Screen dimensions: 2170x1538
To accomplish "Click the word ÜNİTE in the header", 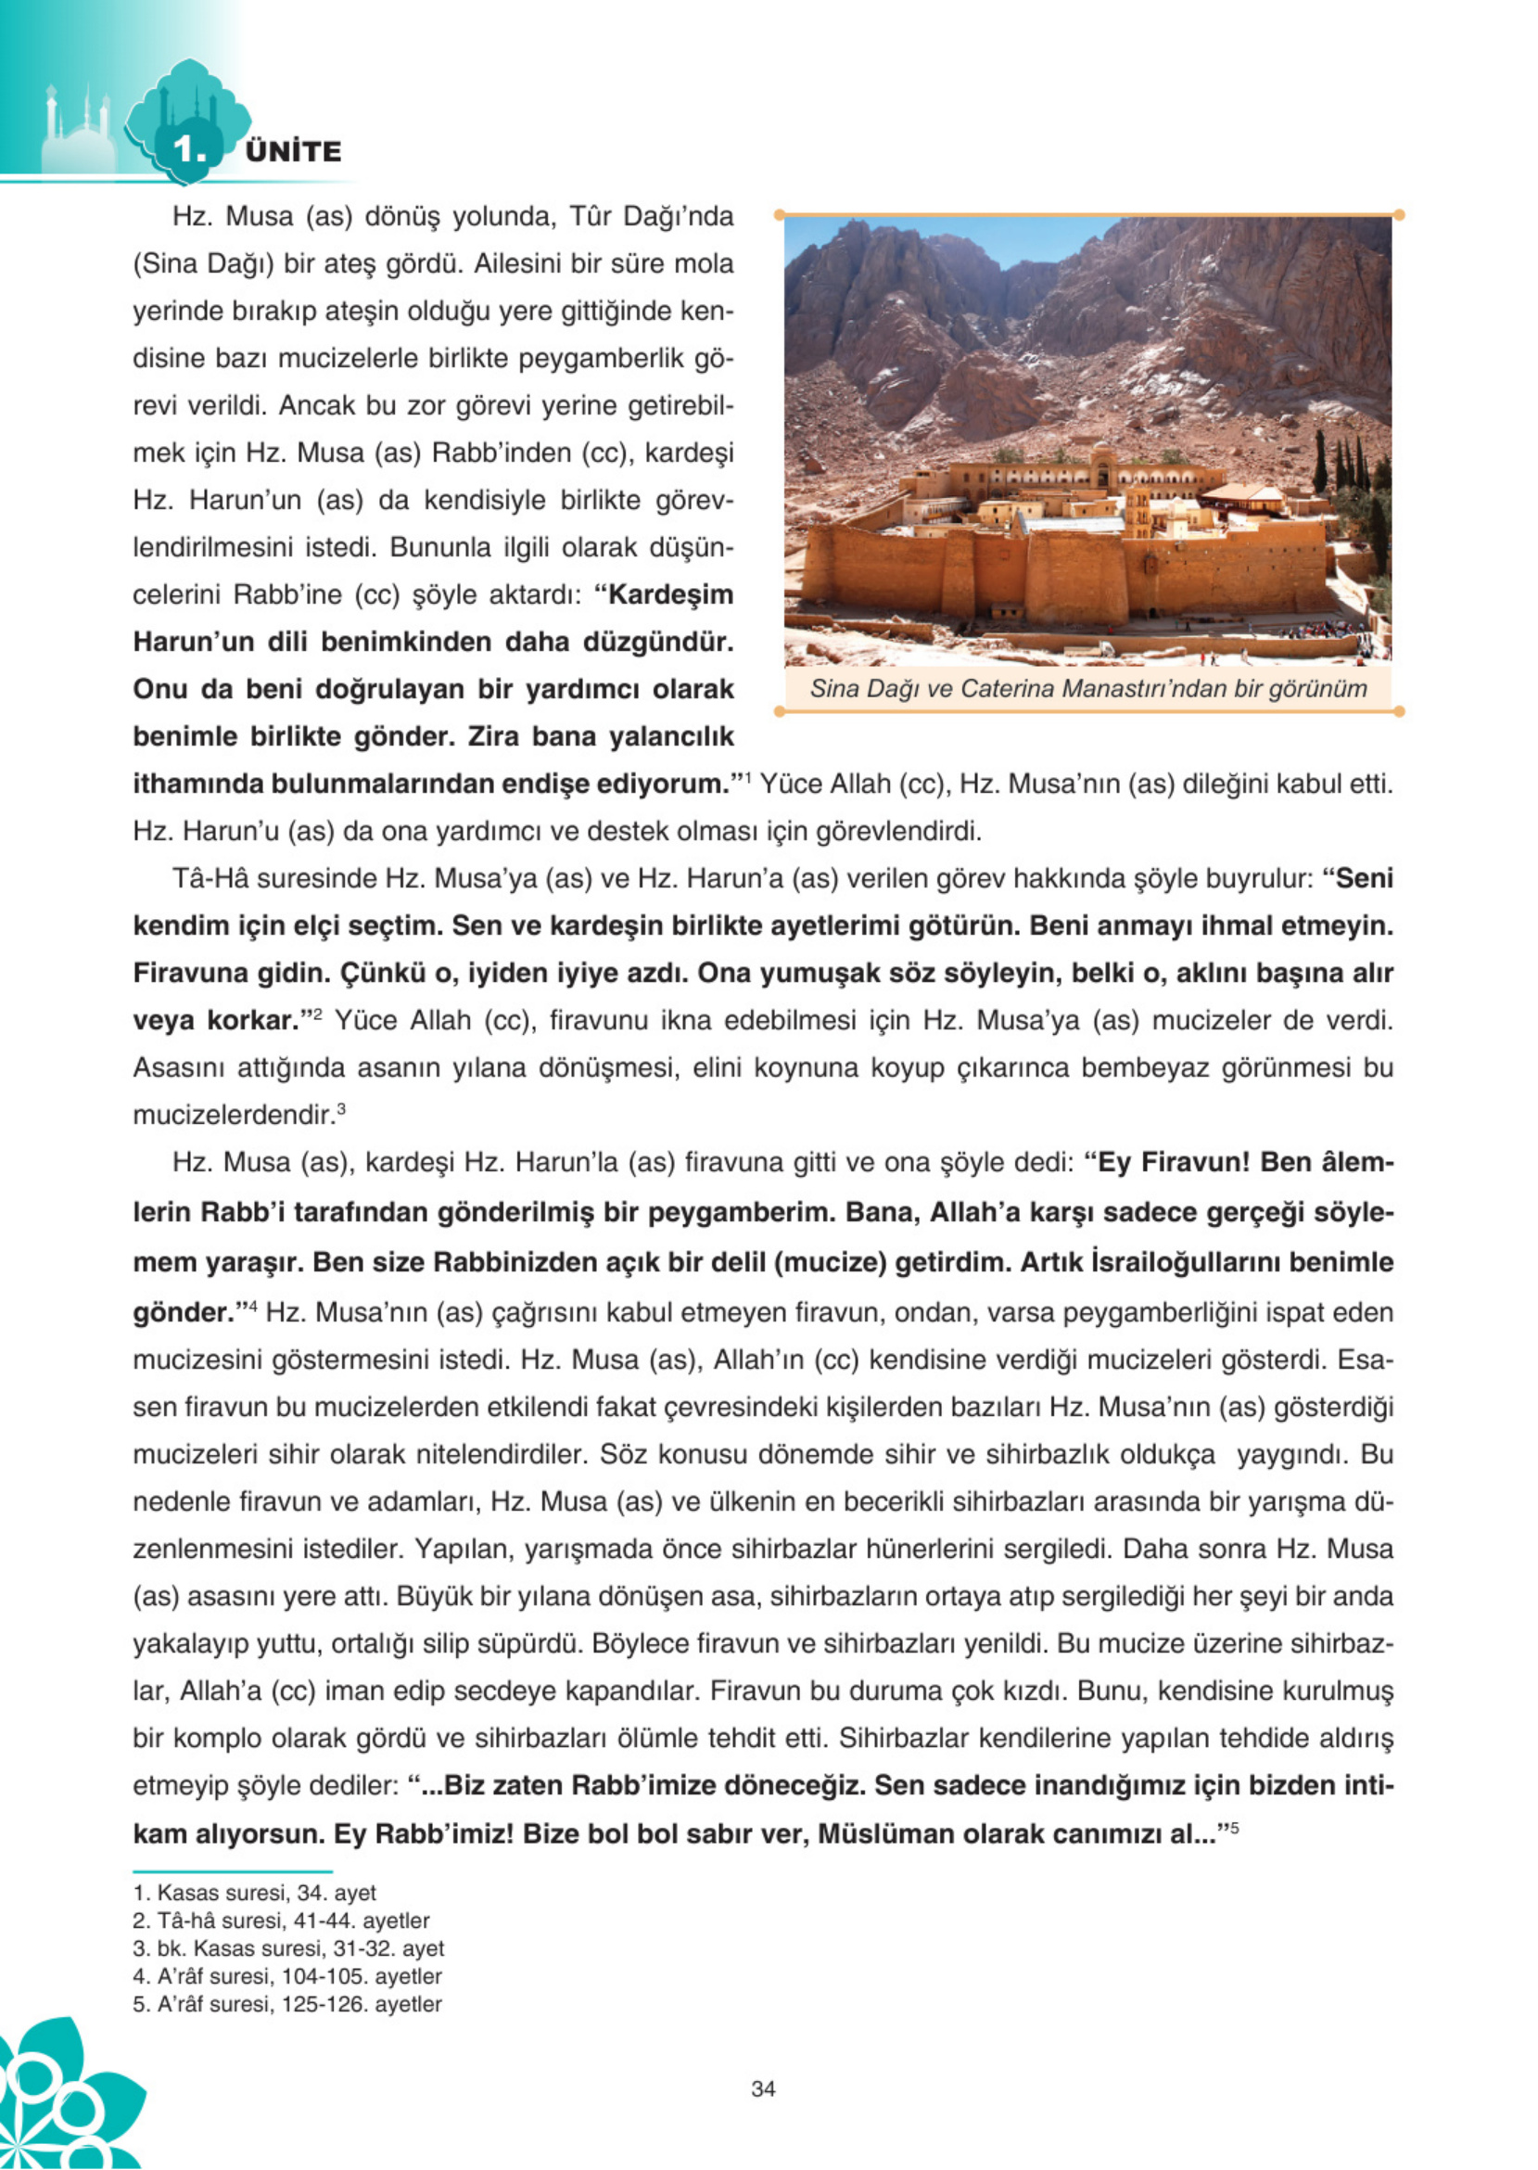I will [293, 151].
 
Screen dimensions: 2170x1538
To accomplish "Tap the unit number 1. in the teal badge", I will [189, 149].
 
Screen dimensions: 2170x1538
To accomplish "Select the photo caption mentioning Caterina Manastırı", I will [1088, 689].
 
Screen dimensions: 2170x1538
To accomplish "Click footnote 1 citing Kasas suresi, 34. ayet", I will [255, 1894].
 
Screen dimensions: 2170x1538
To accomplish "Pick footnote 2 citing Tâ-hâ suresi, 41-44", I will [281, 1921].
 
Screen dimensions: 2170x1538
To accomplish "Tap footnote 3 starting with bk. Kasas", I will [288, 1948].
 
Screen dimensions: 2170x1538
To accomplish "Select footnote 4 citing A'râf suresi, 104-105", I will [287, 1976].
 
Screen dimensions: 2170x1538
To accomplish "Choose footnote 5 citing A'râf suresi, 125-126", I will [287, 2004].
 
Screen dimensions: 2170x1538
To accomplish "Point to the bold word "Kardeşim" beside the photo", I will [670, 594].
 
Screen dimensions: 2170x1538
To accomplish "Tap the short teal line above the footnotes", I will [232, 1870].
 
